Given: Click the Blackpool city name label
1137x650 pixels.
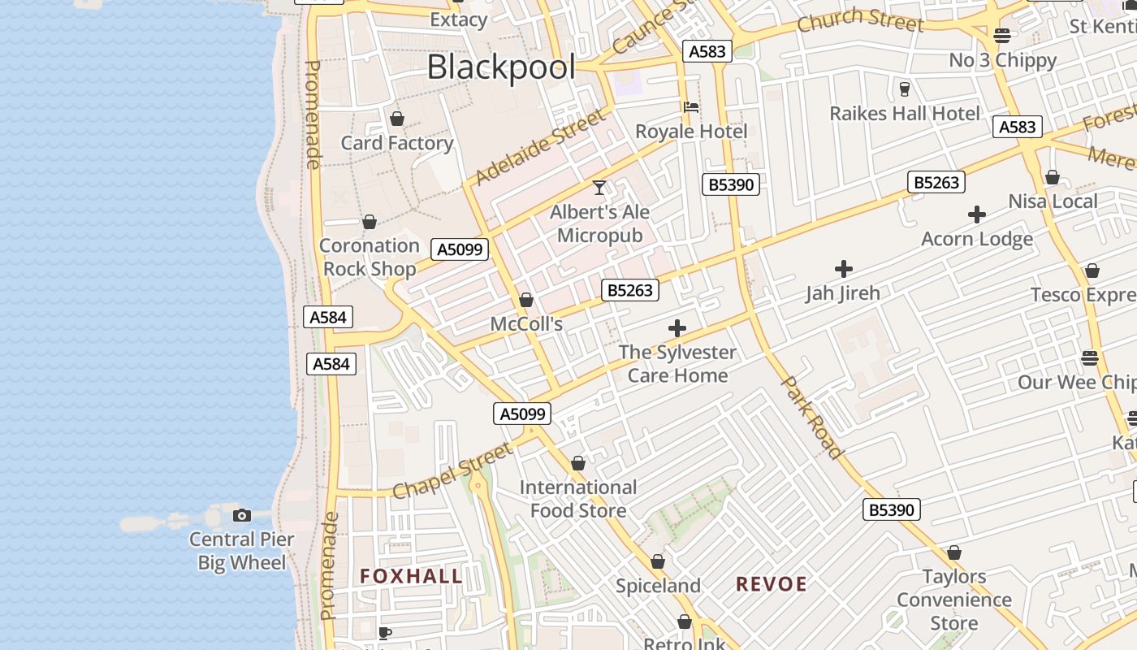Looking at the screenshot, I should pyautogui.click(x=501, y=67).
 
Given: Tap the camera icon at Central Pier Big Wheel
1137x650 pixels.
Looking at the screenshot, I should pyautogui.click(x=241, y=515).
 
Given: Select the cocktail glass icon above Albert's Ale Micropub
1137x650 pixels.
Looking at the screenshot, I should pyautogui.click(x=599, y=188).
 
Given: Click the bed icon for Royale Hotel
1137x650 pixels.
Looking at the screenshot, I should pyautogui.click(x=691, y=106).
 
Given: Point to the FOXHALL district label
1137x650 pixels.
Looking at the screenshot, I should pyautogui.click(x=411, y=576).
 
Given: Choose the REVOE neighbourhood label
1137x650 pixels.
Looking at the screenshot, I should pyautogui.click(x=772, y=583).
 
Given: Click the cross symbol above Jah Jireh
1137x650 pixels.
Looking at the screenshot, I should pyautogui.click(x=844, y=268).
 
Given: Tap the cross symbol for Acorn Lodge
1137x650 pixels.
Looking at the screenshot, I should pyautogui.click(x=977, y=214).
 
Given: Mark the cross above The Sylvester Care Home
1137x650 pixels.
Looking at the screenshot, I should pyautogui.click(x=677, y=328).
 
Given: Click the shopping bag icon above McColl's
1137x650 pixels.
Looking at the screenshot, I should pyautogui.click(x=526, y=300).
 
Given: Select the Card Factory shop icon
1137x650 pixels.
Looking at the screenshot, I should pyautogui.click(x=397, y=119).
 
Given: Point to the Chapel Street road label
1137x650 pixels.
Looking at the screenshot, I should pyautogui.click(x=452, y=470).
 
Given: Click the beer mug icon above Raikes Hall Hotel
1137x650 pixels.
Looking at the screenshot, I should pyautogui.click(x=905, y=89).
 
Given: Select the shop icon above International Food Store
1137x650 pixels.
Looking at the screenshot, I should pyautogui.click(x=578, y=463).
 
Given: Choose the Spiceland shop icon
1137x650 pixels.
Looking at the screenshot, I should pyautogui.click(x=658, y=561).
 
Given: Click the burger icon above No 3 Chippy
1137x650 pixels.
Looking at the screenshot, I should pyautogui.click(x=1002, y=35).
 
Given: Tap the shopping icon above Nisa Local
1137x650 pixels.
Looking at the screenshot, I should pyautogui.click(x=1053, y=177).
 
